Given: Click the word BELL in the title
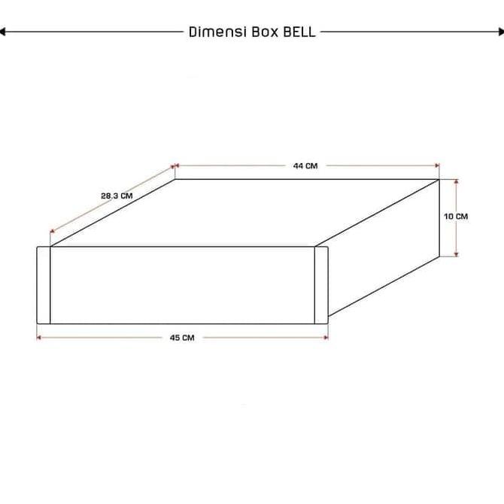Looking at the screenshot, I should click(x=299, y=32).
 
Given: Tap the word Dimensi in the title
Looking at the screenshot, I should click(x=211, y=32).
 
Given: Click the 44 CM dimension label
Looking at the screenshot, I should click(x=305, y=165).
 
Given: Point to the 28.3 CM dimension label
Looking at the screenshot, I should click(x=117, y=196).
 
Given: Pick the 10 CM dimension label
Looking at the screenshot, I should click(x=455, y=217).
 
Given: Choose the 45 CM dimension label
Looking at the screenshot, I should click(x=182, y=338).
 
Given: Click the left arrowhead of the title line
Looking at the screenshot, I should click(x=4, y=32).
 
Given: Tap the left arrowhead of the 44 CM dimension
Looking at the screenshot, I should click(x=178, y=165).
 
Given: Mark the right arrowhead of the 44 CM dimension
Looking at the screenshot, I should click(x=436, y=165).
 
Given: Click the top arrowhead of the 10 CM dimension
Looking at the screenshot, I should click(x=456, y=182).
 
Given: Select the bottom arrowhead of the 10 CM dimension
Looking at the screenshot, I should click(x=456, y=254).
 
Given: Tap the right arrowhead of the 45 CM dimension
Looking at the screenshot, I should click(x=325, y=338).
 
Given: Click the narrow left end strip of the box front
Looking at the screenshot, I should click(x=44, y=284).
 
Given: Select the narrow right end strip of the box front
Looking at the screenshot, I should click(x=321, y=284).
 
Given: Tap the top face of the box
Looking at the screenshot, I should click(x=248, y=212).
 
